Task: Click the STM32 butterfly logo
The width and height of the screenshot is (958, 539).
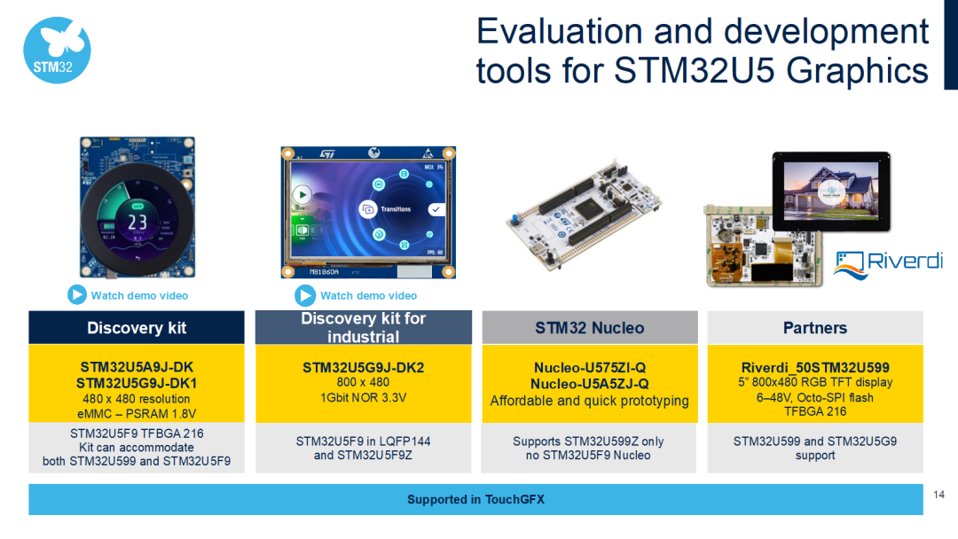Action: point(57,50)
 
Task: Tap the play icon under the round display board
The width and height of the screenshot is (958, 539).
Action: point(77,295)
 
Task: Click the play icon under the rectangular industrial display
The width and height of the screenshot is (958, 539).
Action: point(306,295)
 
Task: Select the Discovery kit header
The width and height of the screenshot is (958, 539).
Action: point(137,328)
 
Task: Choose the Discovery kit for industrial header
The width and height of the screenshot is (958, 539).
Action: point(363,327)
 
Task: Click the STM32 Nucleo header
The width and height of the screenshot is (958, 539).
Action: point(589,328)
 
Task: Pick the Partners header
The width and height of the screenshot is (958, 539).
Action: point(814,328)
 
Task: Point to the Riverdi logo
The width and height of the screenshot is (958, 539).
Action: point(880,262)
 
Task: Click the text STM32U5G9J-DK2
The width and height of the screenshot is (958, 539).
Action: point(363,367)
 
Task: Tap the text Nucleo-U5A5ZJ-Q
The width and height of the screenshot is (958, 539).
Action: point(589,384)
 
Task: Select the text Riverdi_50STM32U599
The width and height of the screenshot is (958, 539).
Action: point(814,367)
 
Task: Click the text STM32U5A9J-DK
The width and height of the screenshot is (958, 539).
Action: point(137,367)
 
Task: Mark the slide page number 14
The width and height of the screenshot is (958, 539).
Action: point(939,493)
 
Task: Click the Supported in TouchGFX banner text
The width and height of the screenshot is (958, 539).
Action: point(475,500)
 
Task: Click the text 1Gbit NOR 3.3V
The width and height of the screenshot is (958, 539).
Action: point(363,398)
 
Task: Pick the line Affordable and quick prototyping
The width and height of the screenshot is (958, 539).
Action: point(589,401)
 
